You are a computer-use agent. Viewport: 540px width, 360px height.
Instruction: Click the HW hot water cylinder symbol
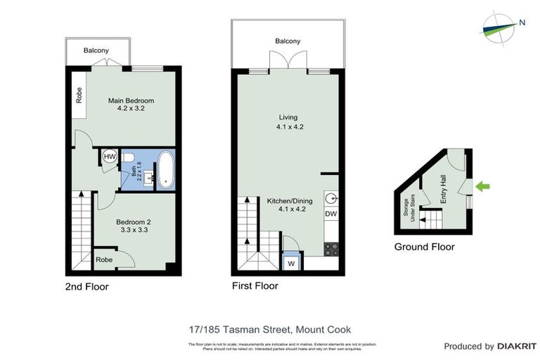[x=110, y=157]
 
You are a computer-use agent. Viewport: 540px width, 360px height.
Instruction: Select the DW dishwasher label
[x=330, y=214]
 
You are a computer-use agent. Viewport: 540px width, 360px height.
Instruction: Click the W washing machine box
[x=290, y=264]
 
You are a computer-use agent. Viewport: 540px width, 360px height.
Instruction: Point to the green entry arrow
[x=484, y=186]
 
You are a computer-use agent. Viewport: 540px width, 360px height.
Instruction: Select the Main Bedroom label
[x=131, y=105]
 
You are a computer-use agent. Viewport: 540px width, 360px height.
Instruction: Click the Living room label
[x=288, y=122]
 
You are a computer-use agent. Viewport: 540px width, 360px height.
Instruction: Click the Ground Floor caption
[x=424, y=247]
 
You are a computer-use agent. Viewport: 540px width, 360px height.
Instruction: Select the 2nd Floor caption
[x=86, y=286]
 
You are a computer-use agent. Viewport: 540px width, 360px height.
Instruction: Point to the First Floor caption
[x=255, y=286]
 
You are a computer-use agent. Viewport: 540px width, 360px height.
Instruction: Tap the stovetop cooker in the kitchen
[x=330, y=248]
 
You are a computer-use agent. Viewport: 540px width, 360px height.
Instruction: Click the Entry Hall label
[x=443, y=191]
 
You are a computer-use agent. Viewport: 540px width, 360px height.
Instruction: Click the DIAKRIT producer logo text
[x=517, y=347]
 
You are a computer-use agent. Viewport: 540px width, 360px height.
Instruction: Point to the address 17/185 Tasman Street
[x=270, y=329]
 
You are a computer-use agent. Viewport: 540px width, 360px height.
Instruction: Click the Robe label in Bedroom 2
[x=103, y=259]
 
